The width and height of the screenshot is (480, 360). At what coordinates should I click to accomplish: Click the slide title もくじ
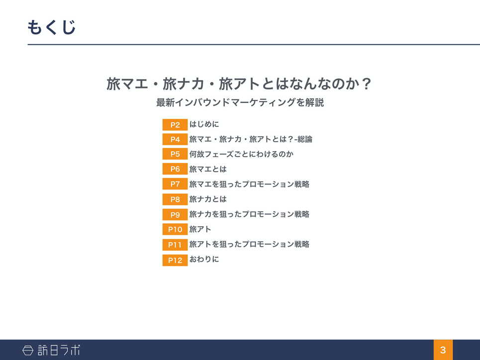point(51,27)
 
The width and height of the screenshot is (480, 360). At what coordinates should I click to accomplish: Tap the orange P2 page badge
point(175,125)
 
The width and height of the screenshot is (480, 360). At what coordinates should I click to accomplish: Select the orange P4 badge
point(175,139)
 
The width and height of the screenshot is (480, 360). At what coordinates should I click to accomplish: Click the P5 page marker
point(175,154)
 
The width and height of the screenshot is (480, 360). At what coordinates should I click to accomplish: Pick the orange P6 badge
point(175,169)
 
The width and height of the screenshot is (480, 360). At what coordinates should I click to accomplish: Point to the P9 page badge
point(175,215)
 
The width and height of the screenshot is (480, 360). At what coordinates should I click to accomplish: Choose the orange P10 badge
point(175,229)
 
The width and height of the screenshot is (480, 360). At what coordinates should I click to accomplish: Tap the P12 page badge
point(175,260)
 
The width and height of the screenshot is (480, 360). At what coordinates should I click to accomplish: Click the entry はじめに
point(204,124)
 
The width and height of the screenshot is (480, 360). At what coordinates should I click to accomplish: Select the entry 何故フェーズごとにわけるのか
point(241,154)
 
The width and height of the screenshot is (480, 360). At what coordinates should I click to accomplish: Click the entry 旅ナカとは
point(208,199)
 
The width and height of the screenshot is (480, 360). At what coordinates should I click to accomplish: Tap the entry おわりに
point(204,259)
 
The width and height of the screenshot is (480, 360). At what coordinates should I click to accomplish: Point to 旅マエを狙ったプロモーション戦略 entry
point(249,184)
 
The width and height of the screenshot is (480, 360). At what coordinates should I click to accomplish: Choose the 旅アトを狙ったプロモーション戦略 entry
point(249,244)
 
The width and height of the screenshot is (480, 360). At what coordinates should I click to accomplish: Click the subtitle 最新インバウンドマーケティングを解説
point(240,102)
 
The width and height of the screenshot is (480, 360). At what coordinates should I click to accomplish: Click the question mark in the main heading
point(366,84)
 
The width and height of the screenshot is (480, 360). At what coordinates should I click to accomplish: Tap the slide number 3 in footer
point(443,350)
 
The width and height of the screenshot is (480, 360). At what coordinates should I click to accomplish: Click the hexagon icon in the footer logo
point(28,350)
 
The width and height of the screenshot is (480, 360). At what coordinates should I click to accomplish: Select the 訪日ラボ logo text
point(59,350)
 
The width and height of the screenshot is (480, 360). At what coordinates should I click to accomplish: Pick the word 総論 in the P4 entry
point(305,139)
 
